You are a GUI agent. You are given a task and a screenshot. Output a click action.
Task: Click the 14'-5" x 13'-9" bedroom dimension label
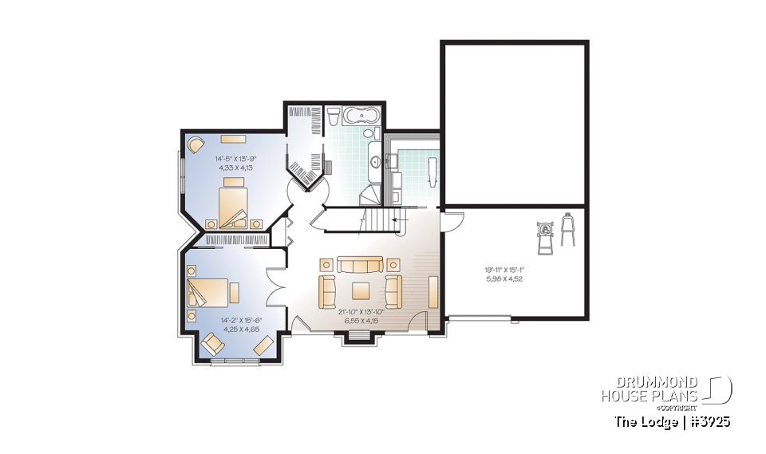pos(235,164)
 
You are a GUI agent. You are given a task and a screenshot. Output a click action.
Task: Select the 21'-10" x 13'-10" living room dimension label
pos(361,316)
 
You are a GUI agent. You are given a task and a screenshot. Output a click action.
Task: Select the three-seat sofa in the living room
pos(360,265)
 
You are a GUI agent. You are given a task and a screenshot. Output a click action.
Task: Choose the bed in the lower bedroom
pos(209,291)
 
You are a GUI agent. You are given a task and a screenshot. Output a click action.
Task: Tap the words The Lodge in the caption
pos(641,420)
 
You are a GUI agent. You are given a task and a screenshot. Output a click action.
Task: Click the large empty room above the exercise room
pos(514,124)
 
